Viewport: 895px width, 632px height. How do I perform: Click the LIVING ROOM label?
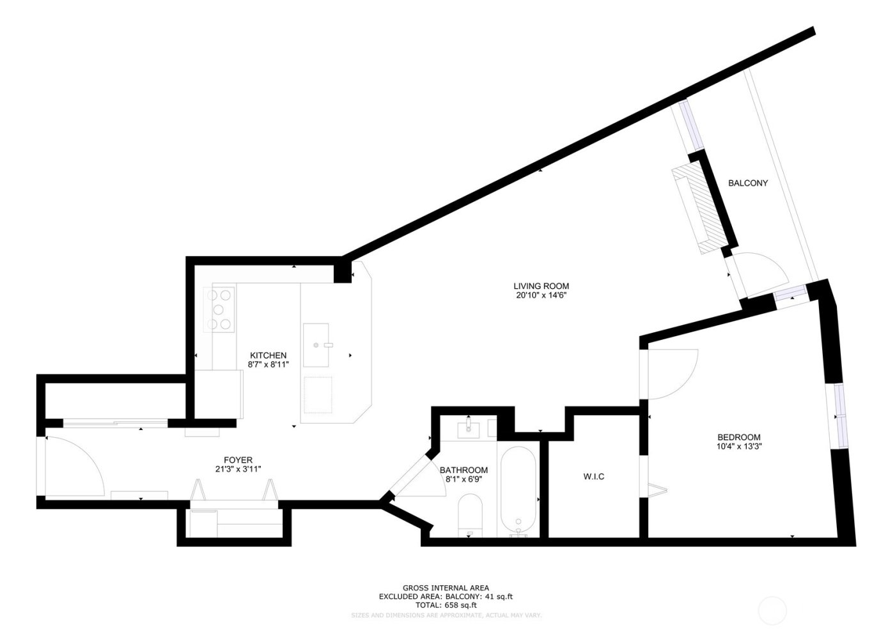(541, 286)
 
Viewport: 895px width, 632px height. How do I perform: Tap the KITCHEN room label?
(268, 355)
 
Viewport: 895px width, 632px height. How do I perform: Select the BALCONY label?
(748, 183)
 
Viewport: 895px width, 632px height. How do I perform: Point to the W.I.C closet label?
(593, 477)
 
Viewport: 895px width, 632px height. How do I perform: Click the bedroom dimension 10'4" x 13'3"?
(738, 447)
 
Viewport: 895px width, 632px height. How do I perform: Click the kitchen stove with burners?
(219, 309)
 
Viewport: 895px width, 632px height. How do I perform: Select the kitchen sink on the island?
(318, 345)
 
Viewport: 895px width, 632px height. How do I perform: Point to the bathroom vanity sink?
(472, 429)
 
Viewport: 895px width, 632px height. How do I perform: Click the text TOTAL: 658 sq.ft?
(446, 605)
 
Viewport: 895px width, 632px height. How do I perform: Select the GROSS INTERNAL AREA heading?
(446, 588)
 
